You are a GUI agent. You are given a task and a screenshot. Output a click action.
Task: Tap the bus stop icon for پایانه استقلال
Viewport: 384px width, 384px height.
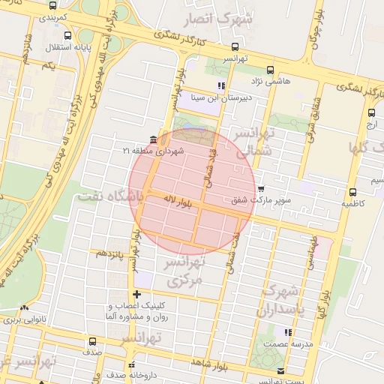click(x=68, y=35)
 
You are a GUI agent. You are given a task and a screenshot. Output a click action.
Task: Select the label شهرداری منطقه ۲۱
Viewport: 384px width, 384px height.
click(x=148, y=151)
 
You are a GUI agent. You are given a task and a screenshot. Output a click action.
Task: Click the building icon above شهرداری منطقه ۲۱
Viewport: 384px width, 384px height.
click(x=153, y=140)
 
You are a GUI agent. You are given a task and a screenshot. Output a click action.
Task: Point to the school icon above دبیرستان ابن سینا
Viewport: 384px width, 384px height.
click(x=220, y=85)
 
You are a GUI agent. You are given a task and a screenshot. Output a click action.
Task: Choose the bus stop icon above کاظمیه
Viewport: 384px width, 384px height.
click(x=352, y=192)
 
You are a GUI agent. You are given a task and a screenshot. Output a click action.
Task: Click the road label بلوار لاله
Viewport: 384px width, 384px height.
click(x=179, y=200)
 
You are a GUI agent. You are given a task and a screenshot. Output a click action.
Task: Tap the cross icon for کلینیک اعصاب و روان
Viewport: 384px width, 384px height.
click(x=136, y=295)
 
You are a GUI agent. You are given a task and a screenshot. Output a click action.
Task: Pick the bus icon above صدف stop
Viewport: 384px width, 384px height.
click(x=92, y=341)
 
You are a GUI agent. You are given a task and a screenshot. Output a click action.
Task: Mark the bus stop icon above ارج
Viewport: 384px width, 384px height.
click(x=371, y=112)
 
